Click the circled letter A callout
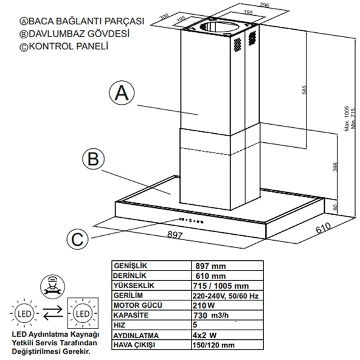(121, 93)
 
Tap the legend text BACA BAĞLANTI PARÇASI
(78, 21)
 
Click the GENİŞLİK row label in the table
(132, 266)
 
